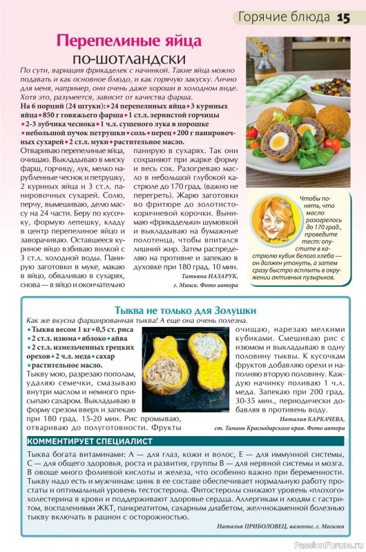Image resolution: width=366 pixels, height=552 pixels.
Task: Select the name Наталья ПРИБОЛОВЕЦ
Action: (x=238, y=526)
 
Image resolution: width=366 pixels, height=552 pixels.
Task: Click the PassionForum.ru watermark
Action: (x=329, y=545)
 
